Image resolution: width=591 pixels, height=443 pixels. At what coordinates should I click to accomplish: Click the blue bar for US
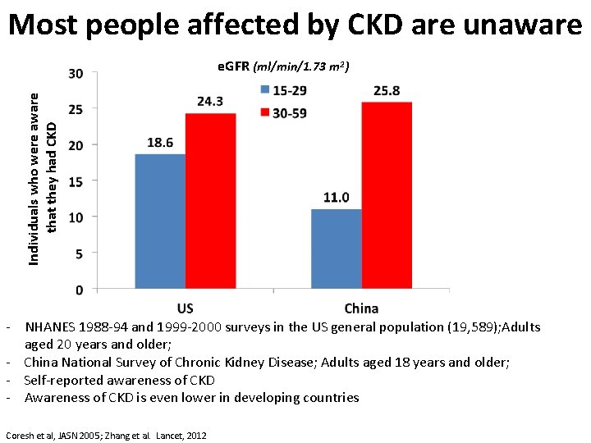pyautogui.click(x=160, y=221)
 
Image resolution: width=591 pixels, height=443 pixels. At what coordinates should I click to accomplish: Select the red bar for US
pyautogui.click(x=210, y=201)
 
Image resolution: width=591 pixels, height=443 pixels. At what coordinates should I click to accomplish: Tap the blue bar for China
pyautogui.click(x=336, y=249)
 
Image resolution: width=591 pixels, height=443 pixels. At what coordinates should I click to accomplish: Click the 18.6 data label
pyautogui.click(x=160, y=143)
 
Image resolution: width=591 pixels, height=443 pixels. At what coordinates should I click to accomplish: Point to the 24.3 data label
pyautogui.click(x=210, y=102)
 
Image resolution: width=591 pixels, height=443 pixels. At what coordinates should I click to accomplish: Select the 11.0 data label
pyautogui.click(x=336, y=198)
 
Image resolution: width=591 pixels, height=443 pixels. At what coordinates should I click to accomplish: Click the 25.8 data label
pyautogui.click(x=387, y=91)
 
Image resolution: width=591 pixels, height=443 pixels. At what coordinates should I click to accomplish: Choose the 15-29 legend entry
pyautogui.click(x=282, y=90)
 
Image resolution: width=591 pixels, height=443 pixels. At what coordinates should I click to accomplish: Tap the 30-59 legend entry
pyautogui.click(x=282, y=112)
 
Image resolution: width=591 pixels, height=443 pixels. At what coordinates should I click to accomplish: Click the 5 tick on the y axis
pyautogui.click(x=78, y=253)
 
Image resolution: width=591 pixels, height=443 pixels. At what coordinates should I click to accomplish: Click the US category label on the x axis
pyautogui.click(x=186, y=308)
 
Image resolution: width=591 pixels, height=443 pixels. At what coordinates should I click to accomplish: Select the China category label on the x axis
pyautogui.click(x=361, y=308)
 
